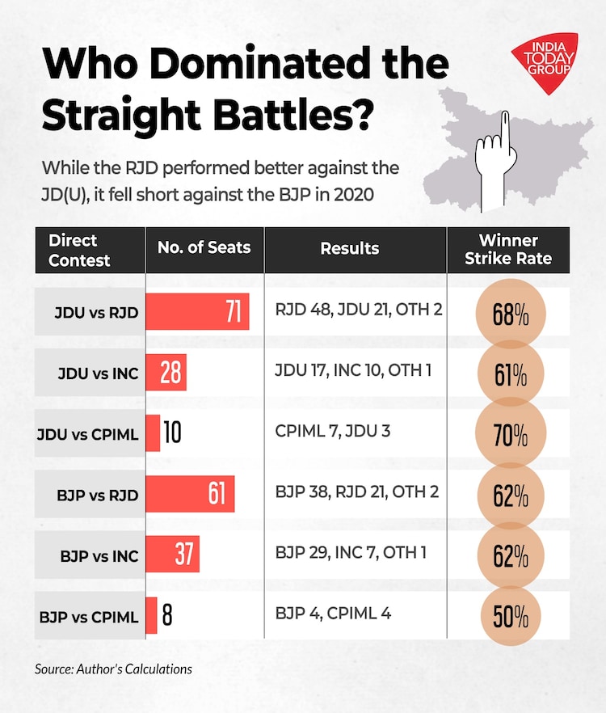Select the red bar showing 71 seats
click(x=197, y=312)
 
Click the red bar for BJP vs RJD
click(x=190, y=493)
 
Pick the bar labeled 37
click(x=172, y=554)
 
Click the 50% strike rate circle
click(x=510, y=618)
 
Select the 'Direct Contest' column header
click(x=79, y=250)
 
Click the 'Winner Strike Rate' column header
click(x=508, y=250)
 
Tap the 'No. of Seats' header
click(x=204, y=248)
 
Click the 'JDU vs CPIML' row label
click(x=87, y=435)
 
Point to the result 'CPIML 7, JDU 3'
click(x=332, y=430)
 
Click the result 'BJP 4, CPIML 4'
click(x=333, y=613)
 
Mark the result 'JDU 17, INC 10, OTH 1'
click(x=354, y=369)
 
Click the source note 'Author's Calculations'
click(x=113, y=669)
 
